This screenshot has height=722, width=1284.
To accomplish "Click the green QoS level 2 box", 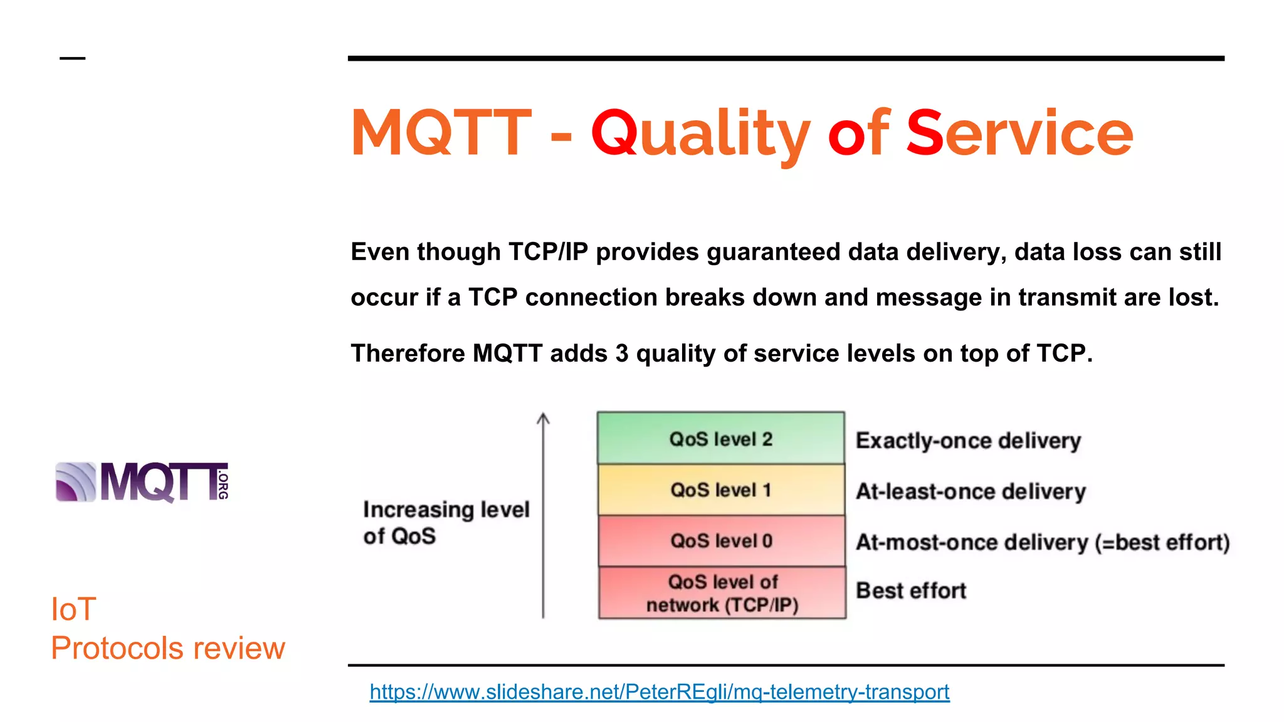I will [720, 438].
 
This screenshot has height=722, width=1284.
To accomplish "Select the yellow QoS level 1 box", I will [720, 489].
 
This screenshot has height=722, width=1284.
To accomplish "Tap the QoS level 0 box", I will [721, 540].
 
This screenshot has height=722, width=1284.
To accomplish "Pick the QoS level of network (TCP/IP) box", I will [722, 593].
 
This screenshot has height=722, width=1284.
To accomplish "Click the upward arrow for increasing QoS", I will [543, 514].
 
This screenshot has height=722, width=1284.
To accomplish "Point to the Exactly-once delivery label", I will [968, 441].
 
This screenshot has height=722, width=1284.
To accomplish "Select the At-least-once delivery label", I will [971, 491].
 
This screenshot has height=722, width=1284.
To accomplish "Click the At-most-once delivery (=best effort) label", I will [1042, 542].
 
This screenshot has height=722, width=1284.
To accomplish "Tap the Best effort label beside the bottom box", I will [910, 590].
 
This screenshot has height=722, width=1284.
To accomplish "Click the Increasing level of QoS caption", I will [446, 523].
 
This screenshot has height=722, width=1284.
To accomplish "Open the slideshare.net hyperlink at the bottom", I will [659, 692].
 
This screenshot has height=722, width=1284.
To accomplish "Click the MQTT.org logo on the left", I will [142, 482].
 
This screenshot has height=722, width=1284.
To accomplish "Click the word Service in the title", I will [1019, 133].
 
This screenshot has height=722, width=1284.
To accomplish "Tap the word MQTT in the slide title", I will [441, 133].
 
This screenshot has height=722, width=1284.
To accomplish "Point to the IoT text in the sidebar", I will [73, 609].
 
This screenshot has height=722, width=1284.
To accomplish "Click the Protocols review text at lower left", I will [167, 648].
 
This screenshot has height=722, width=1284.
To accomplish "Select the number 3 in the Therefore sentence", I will [621, 353].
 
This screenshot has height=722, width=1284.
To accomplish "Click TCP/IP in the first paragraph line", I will [548, 252].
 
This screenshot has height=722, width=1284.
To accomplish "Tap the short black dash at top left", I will [72, 58].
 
